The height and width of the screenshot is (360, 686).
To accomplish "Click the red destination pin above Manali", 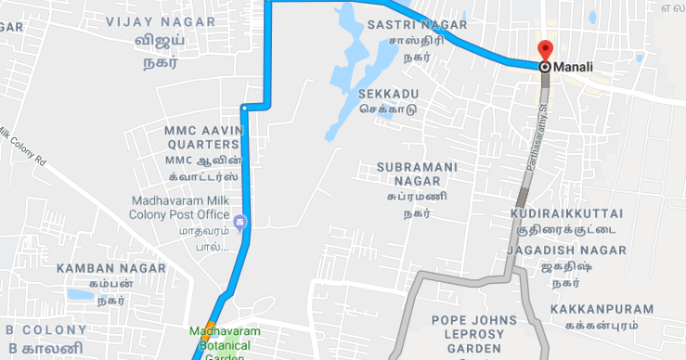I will click(x=545, y=51).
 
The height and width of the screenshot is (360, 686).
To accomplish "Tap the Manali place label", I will click(x=573, y=67).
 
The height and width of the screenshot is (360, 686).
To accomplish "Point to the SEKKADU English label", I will click(x=388, y=94).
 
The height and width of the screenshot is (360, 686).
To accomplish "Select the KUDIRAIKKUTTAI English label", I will click(x=566, y=213).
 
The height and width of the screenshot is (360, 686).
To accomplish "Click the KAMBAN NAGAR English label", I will click(x=110, y=268).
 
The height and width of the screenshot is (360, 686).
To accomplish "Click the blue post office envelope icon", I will click(x=240, y=222).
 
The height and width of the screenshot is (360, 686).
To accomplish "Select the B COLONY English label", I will click(x=44, y=329).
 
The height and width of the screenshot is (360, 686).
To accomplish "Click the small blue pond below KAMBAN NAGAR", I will click(x=80, y=294).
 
